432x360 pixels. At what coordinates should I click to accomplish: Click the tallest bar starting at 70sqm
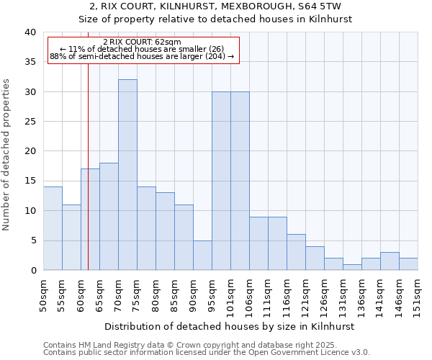point(127,175)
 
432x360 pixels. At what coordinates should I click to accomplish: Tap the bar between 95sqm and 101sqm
point(221,181)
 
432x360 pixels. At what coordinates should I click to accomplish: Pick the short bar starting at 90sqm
point(202,255)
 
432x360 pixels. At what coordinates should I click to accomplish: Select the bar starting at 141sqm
point(390,261)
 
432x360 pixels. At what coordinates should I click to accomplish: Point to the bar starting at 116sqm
point(296,252)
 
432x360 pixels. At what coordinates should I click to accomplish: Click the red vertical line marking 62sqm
point(88,166)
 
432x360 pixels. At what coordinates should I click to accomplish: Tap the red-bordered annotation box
point(143,50)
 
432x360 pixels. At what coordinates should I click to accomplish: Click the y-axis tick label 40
point(30,32)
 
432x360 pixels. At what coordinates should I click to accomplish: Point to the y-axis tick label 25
point(30,122)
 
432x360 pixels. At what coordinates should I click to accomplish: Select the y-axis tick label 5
point(32,240)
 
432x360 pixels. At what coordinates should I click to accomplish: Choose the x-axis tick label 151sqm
point(418,294)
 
